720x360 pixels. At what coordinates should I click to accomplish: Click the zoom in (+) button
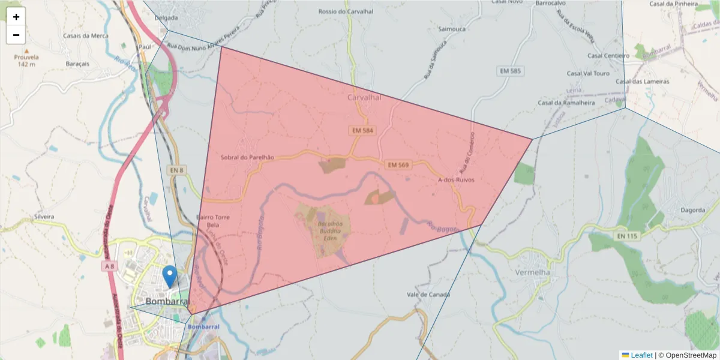pyautogui.click(x=16, y=17)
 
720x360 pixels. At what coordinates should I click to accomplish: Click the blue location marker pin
pyautogui.click(x=170, y=277)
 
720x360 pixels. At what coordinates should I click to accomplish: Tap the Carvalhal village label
pyautogui.click(x=364, y=97)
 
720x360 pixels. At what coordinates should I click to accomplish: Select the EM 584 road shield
pyautogui.click(x=363, y=130)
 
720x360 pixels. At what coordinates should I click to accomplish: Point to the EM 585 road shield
pyautogui.click(x=511, y=71)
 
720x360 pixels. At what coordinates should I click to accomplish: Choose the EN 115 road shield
pyautogui.click(x=627, y=236)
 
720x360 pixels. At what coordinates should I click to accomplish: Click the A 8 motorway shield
pyautogui.click(x=109, y=266)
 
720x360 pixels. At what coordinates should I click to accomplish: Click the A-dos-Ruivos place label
pyautogui.click(x=457, y=179)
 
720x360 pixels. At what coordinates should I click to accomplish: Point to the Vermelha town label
pyautogui.click(x=532, y=272)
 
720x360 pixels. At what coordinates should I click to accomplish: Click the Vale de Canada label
pyautogui.click(x=428, y=295)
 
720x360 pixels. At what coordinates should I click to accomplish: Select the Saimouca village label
pyautogui.click(x=452, y=28)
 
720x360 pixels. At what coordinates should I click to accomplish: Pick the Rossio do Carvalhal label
pyautogui.click(x=346, y=11)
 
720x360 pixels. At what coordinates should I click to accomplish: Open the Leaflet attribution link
pyautogui.click(x=641, y=355)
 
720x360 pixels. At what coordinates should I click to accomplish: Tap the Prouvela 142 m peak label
pyautogui.click(x=26, y=61)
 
